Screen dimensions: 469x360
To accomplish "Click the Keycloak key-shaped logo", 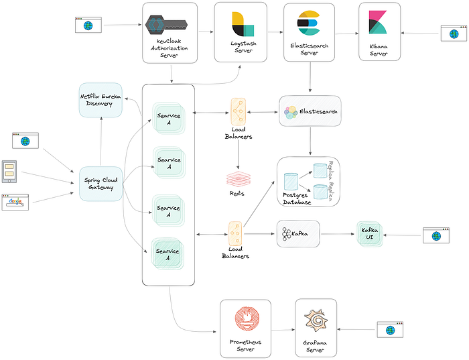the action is point(166,25).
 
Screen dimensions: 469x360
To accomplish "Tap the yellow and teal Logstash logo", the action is point(243,24).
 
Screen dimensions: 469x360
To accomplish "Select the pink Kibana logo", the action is point(378,22).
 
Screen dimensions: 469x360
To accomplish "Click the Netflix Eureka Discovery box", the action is point(100,100).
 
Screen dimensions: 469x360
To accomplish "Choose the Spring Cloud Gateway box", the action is point(100,184).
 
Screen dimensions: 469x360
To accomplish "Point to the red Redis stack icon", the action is point(238,179).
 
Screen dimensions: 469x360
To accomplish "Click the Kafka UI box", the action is point(370,234).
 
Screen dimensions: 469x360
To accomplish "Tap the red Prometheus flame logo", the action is point(247,318).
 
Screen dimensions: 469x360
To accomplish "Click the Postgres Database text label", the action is point(297,198).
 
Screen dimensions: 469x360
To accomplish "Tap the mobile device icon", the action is point(9,172).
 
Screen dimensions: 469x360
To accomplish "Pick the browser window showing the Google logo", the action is point(15,202).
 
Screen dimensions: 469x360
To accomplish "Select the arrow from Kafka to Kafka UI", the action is point(338,234).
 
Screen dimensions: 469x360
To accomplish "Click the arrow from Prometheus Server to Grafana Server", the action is point(283,330).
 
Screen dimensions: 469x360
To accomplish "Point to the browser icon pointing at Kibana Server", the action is point(454,34).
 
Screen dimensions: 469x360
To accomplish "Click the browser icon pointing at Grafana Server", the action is point(390,329).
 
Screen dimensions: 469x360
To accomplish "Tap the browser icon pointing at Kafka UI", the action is point(436,235).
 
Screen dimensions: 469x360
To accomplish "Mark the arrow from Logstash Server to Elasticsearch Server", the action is point(275,32).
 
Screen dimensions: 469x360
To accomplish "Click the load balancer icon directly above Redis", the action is point(239,112).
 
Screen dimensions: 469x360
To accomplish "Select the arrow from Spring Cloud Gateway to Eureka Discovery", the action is point(100,141).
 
